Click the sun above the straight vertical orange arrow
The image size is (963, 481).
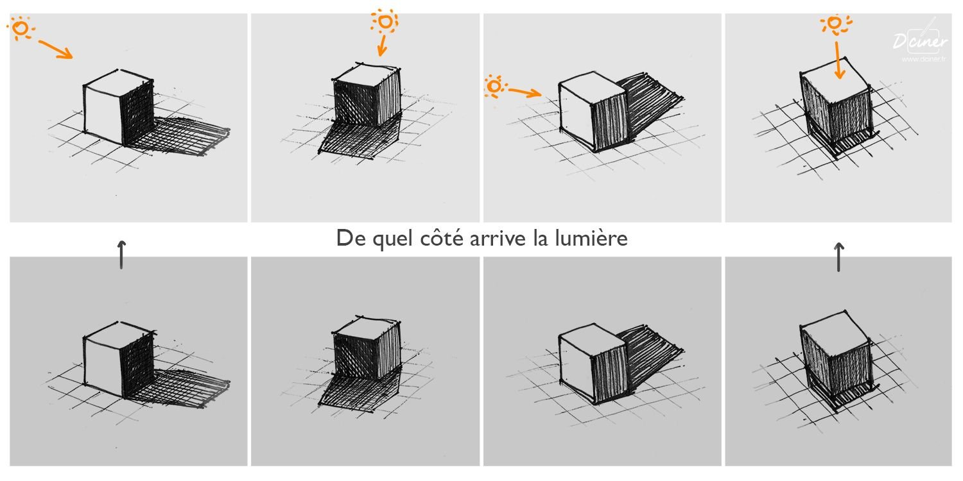[x=835, y=23]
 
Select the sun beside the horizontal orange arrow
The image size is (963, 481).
[x=495, y=86]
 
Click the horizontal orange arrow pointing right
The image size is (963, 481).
[x=525, y=92]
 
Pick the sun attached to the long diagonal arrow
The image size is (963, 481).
[x=20, y=28]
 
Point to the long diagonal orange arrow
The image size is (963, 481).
[x=56, y=49]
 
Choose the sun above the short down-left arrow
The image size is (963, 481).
[x=385, y=21]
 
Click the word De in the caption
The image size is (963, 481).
[x=351, y=239]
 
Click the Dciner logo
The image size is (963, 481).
[x=919, y=40]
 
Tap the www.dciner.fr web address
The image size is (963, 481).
[x=923, y=59]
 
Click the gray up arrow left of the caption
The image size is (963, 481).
[x=122, y=255]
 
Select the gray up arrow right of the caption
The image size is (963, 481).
[x=838, y=257]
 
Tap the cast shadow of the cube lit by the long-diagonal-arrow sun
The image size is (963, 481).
[x=180, y=135]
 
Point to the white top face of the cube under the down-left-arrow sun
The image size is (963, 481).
[x=367, y=73]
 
